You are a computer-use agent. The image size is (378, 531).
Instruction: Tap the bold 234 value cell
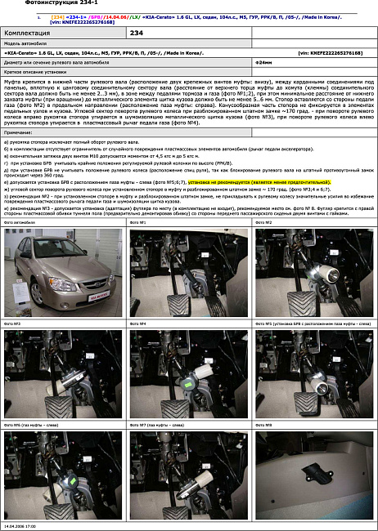click(138, 33)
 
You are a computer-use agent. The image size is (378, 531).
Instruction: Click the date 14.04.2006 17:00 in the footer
click(21, 527)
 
